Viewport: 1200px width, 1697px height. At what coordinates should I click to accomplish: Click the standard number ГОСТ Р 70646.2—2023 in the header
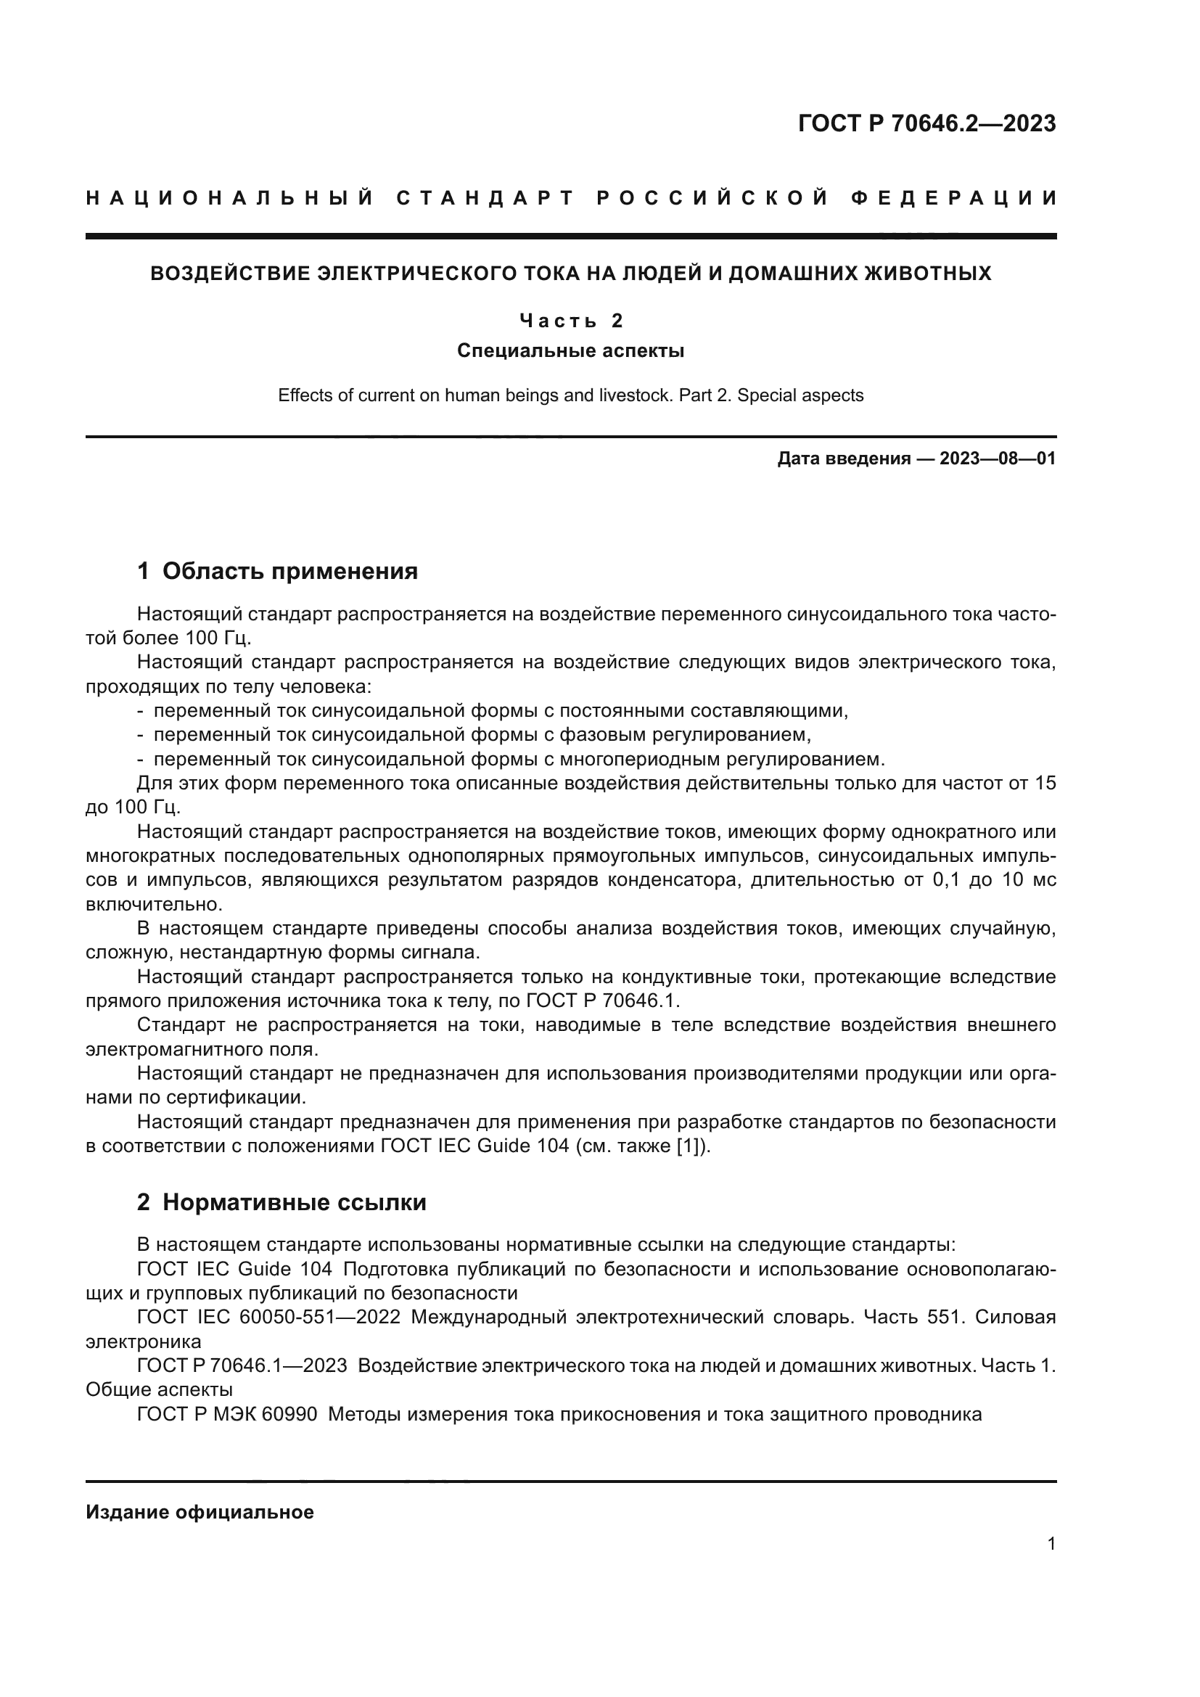tap(926, 123)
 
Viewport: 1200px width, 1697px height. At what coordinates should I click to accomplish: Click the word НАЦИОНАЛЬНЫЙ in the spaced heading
tap(230, 198)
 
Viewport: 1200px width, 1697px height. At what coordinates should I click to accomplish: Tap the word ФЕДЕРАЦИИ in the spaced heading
tap(953, 198)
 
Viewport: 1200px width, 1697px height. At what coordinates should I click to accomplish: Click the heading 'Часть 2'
tap(570, 321)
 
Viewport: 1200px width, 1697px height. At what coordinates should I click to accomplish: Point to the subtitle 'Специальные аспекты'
tap(570, 350)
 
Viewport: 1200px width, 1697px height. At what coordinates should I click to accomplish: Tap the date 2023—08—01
tap(997, 459)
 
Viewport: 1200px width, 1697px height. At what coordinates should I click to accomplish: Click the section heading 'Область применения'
tap(289, 571)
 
